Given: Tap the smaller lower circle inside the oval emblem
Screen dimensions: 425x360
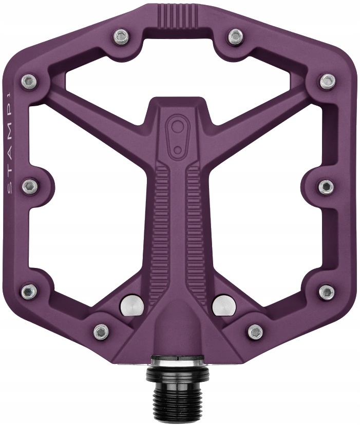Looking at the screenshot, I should tap(178, 149).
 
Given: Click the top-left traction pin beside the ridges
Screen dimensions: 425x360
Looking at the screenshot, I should tap(121, 35).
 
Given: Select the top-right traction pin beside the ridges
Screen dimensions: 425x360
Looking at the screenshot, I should tap(235, 35).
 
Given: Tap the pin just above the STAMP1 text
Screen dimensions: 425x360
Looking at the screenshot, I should tap(29, 81).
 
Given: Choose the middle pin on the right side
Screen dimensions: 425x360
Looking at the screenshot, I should tap(326, 186).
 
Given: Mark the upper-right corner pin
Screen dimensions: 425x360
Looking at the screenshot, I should tap(327, 81).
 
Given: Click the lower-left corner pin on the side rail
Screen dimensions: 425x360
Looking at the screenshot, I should tap(29, 292).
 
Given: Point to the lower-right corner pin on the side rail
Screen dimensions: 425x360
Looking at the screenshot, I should tap(326, 292).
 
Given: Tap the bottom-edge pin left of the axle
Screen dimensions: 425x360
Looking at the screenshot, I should tap(101, 332).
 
